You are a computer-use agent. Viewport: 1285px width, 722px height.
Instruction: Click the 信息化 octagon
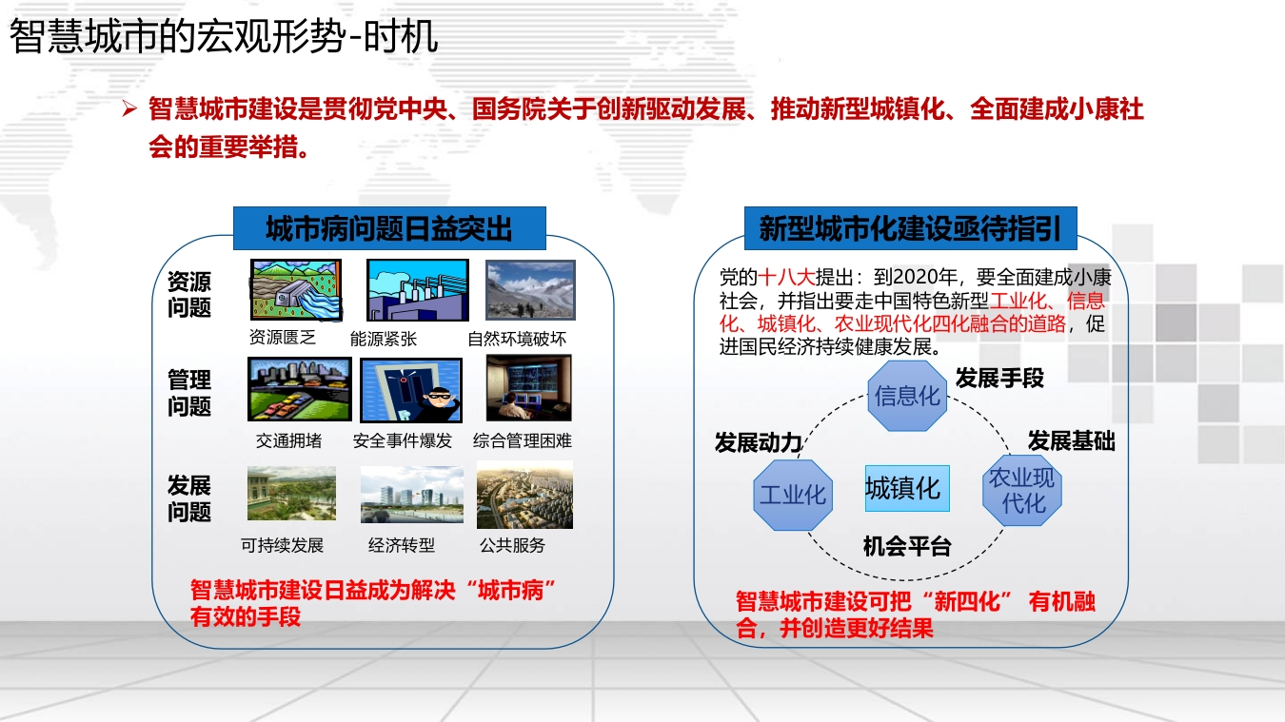(907, 396)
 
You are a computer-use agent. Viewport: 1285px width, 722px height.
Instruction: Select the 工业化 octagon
(793, 495)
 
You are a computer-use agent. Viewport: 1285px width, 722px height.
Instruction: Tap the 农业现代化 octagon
(1022, 490)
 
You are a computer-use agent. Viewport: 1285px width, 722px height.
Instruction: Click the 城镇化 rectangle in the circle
(907, 489)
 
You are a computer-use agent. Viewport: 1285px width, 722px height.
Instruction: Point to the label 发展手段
(999, 379)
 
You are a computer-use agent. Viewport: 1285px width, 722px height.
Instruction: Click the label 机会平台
(907, 547)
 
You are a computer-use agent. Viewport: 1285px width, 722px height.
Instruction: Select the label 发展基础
(1071, 441)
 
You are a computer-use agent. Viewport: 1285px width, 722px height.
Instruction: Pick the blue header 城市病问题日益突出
(389, 228)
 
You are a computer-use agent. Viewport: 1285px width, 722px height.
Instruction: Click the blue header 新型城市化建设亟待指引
(910, 228)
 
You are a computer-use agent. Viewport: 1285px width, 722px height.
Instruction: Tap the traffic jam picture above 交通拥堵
(300, 389)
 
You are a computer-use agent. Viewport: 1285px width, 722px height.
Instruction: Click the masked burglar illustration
(411, 390)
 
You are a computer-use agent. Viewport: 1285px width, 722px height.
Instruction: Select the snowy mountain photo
(530, 289)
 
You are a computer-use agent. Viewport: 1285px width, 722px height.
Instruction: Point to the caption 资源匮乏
(283, 337)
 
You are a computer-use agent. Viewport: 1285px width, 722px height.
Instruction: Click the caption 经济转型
(402, 545)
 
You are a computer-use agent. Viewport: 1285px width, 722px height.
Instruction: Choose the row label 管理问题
(189, 394)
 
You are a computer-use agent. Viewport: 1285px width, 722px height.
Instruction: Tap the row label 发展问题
(189, 498)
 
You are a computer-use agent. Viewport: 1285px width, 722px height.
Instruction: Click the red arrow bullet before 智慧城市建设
(129, 108)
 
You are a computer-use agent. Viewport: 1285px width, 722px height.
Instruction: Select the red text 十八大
(786, 278)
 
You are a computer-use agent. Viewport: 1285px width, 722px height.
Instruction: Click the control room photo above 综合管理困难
(529, 388)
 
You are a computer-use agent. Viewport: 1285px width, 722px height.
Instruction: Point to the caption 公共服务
(512, 545)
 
